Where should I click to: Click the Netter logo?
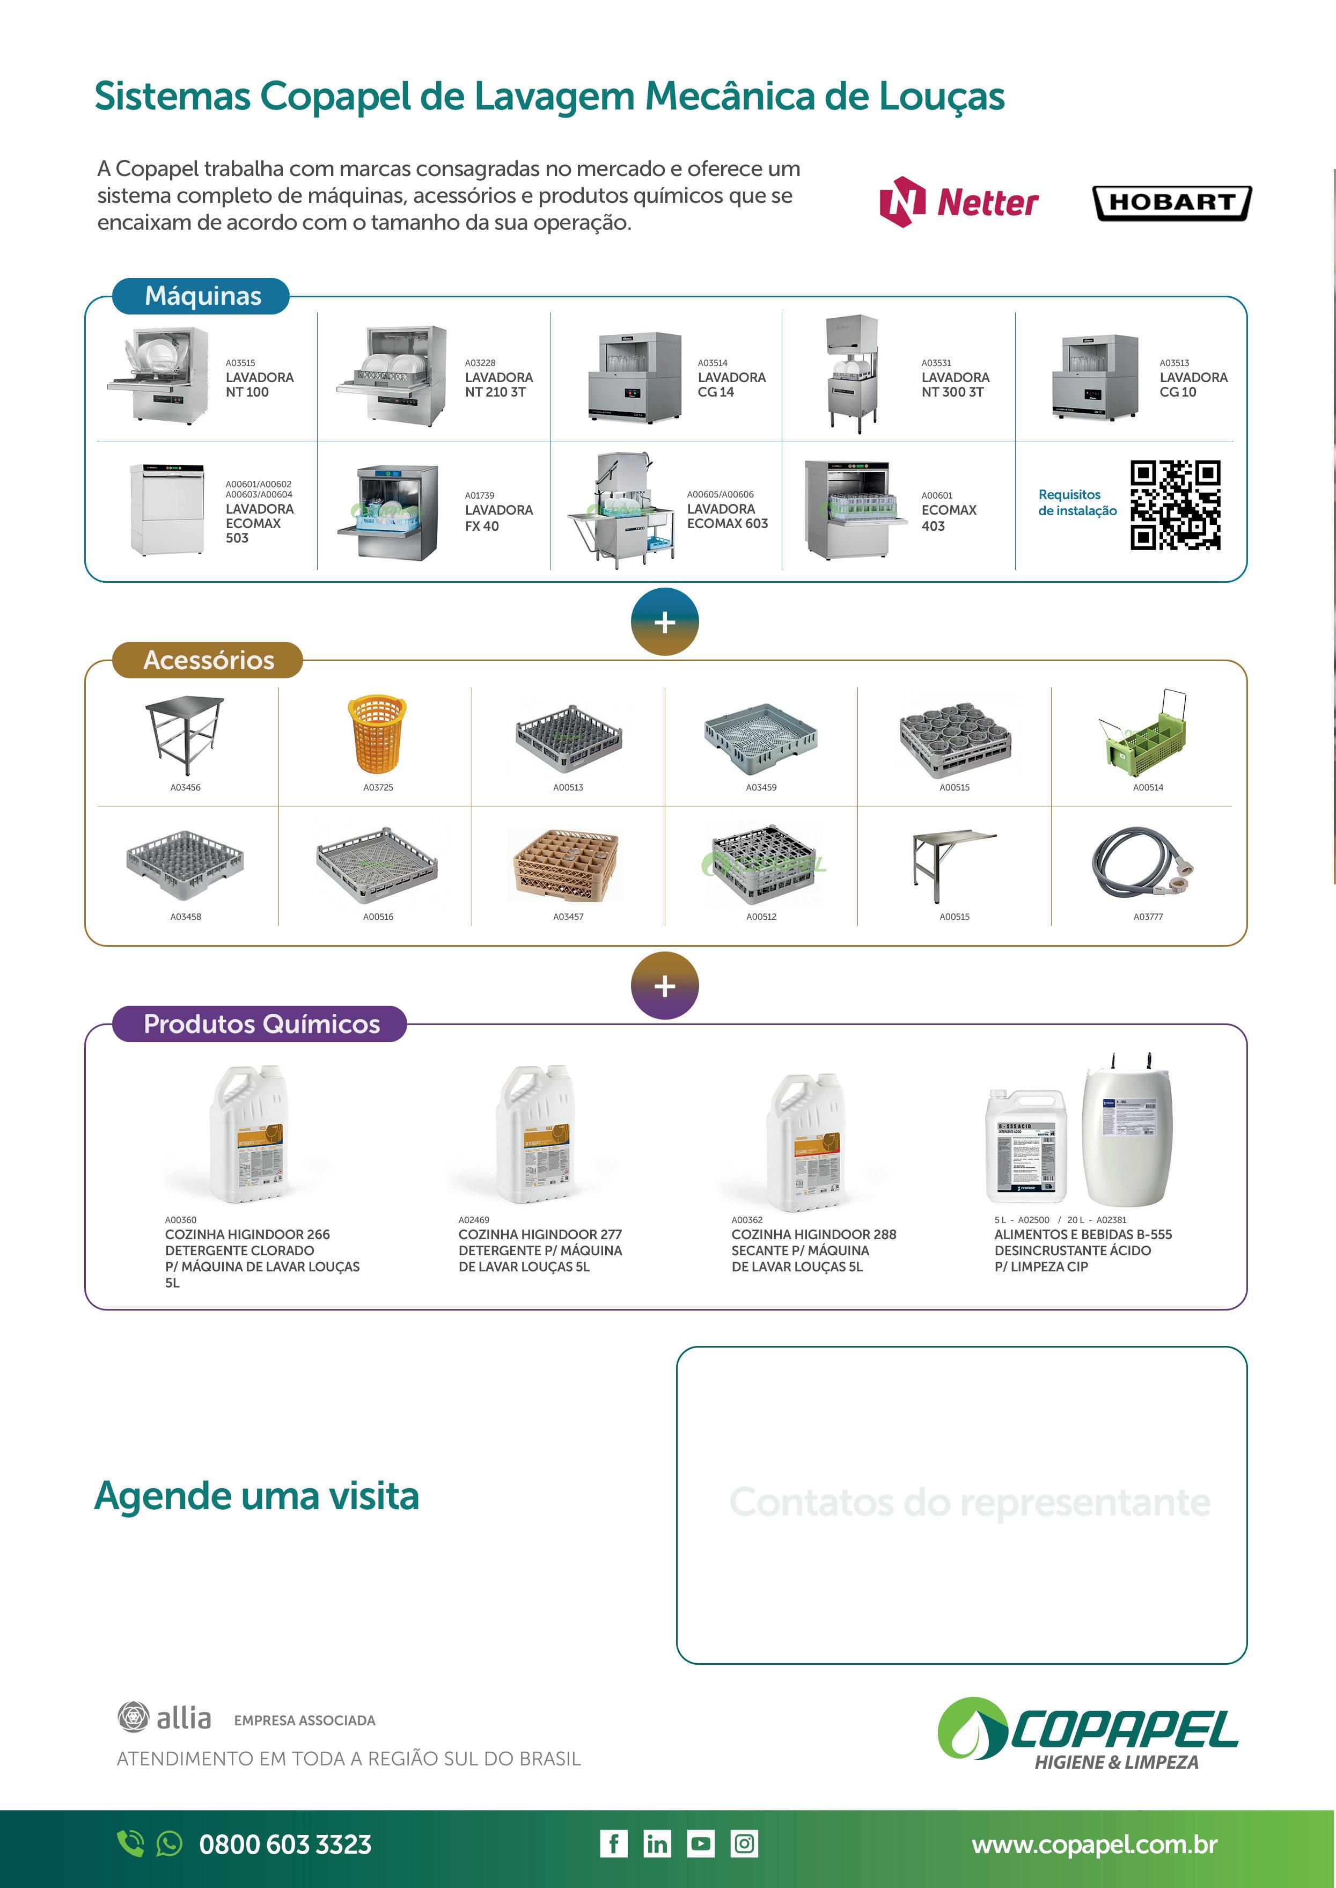[958, 202]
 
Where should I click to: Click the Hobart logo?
[1171, 202]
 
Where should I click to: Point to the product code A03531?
[936, 363]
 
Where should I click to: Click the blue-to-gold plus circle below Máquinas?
[665, 622]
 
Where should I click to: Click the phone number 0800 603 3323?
[285, 1845]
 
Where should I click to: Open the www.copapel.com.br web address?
[1094, 1845]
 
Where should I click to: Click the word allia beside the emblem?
[183, 1718]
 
